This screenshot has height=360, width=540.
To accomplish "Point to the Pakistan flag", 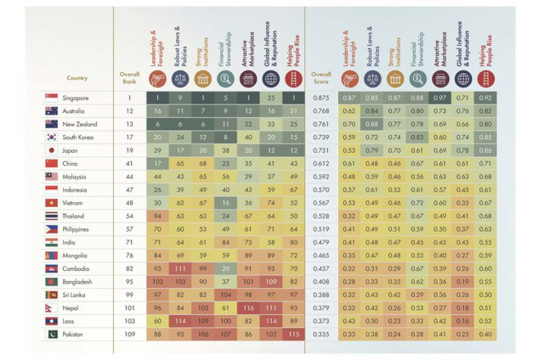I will click(51, 334).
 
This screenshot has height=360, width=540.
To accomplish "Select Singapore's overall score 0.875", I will click(321, 98).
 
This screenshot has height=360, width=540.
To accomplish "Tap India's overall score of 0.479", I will click(321, 242).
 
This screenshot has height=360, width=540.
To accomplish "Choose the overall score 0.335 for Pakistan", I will click(321, 334).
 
